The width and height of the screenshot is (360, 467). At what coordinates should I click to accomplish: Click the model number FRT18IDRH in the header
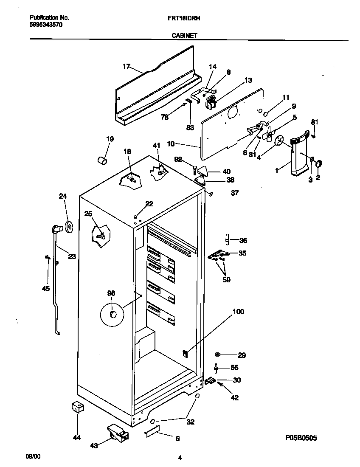184,18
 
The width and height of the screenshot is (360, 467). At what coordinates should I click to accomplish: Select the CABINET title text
184,37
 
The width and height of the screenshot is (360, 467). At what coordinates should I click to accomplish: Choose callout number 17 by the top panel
126,66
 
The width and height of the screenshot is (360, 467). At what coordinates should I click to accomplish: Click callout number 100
238,312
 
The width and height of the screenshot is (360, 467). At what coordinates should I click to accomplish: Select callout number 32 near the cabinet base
190,422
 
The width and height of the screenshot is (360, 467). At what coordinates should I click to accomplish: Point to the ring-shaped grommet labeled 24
68,227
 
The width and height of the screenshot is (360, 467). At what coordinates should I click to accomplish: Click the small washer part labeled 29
218,354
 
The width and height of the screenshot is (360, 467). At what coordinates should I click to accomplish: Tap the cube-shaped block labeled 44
78,407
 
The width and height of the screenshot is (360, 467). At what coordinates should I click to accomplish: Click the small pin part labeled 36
228,240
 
